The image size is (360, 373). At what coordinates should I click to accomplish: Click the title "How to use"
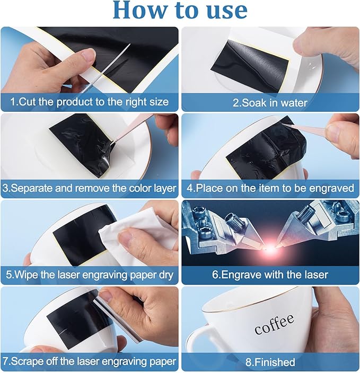(180, 11)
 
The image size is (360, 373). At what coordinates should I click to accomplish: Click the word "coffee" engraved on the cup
(274, 324)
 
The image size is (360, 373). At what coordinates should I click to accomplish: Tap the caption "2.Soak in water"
(270, 103)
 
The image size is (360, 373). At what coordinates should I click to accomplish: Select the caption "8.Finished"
(270, 362)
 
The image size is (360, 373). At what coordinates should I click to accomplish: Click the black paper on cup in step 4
(266, 147)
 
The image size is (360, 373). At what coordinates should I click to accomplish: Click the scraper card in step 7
(119, 316)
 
